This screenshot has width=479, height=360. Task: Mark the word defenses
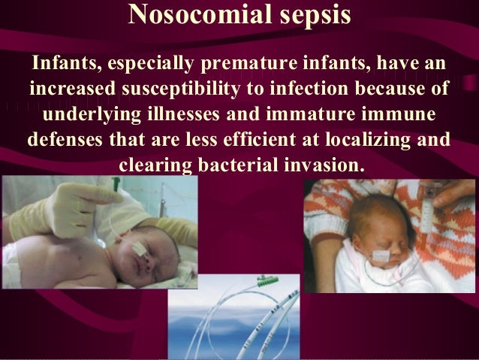pos(65,140)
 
